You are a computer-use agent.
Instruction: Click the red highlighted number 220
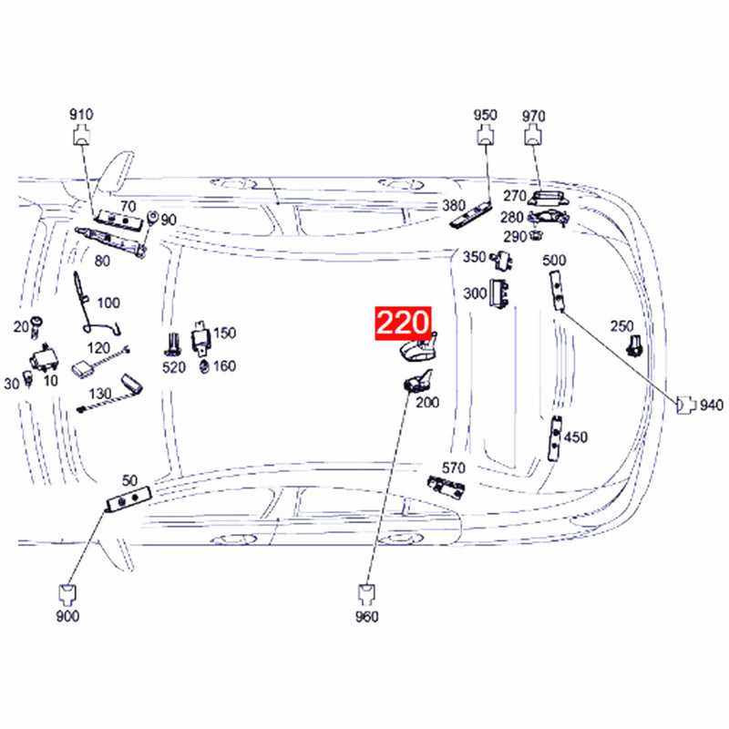click(403, 323)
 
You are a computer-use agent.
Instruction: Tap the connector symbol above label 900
click(67, 593)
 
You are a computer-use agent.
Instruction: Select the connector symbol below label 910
click(81, 135)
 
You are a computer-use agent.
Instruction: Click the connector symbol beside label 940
click(686, 405)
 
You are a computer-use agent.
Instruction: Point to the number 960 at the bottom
click(367, 617)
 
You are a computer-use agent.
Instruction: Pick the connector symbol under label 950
click(486, 135)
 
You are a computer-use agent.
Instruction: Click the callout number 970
click(533, 116)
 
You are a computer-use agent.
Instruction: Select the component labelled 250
click(633, 346)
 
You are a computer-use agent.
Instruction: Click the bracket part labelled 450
click(555, 438)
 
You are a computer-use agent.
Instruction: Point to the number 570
click(453, 467)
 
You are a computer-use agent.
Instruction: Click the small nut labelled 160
click(203, 366)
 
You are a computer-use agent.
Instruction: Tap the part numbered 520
click(173, 344)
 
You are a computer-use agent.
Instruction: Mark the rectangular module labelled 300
click(498, 293)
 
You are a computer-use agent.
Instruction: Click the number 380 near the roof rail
click(453, 205)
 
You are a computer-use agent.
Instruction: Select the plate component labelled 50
click(128, 498)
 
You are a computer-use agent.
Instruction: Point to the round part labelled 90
click(151, 218)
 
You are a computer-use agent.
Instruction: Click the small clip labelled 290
click(536, 234)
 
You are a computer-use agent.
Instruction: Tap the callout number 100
click(108, 303)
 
